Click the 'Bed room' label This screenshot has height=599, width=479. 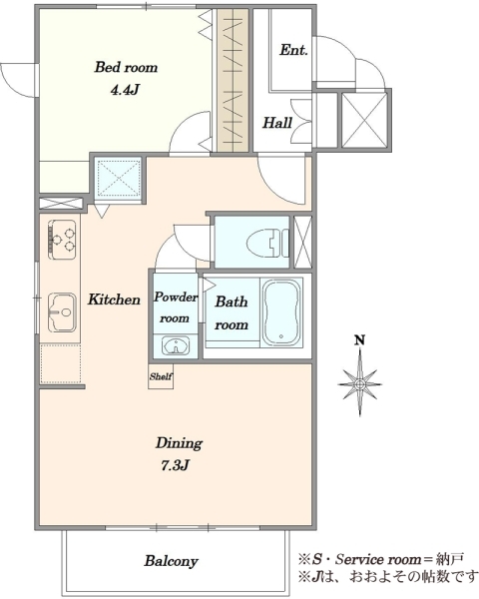(126, 67)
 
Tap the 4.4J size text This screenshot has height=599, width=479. (124, 90)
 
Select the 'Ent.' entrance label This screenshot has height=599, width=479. (293, 50)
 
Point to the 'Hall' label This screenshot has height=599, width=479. (277, 123)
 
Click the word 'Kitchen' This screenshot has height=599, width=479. (114, 299)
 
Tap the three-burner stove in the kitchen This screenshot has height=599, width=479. (62, 240)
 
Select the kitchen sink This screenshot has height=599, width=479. (62, 312)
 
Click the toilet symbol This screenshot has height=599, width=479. (267, 243)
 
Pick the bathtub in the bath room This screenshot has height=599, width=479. (281, 312)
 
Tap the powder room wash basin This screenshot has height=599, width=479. (176, 346)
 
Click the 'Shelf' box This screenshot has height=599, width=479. (161, 376)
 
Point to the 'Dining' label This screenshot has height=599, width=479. (179, 443)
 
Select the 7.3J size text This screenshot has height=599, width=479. (175, 465)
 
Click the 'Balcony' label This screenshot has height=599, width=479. (171, 561)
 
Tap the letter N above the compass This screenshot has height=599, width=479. (359, 339)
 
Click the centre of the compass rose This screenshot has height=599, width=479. (360, 384)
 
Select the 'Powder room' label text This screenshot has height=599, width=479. (176, 307)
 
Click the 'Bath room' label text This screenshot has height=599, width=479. (232, 312)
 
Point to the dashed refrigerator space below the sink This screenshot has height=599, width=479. (60, 363)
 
